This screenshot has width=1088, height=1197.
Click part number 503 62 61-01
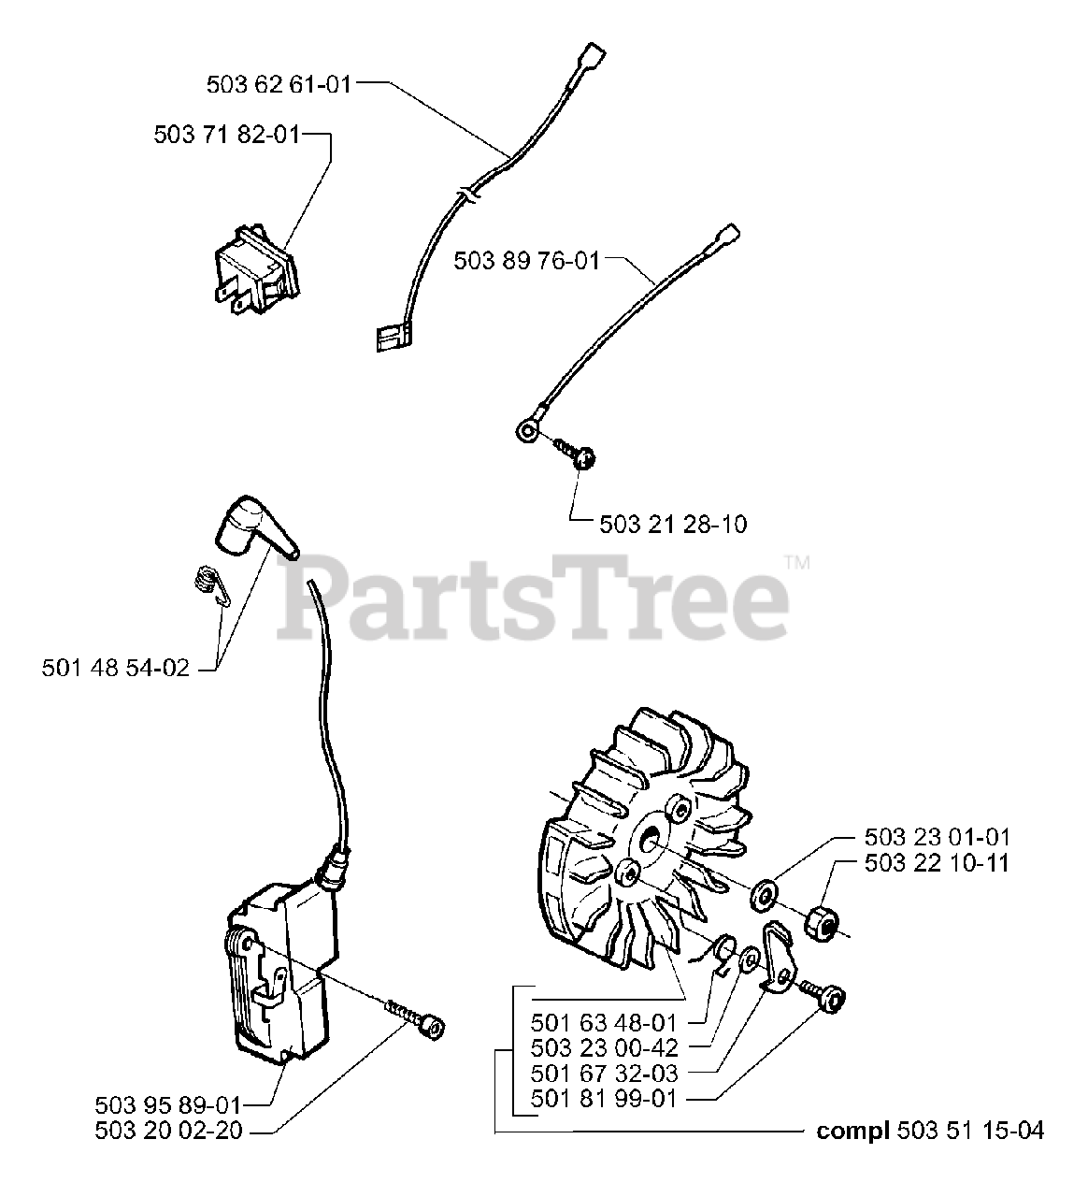point(279,84)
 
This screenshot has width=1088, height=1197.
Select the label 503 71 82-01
point(227,135)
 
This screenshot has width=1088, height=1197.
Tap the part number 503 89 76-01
point(526,259)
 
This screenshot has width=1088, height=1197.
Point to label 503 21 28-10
point(673,525)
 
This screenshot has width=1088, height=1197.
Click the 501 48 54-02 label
point(116,668)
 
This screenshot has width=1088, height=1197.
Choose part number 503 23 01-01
point(937,837)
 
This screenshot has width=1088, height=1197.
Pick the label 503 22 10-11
point(937,862)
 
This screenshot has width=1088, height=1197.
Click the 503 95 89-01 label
point(168,1104)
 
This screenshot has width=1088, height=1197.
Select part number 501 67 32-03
point(603,1074)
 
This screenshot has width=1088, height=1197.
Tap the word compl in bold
point(852,1131)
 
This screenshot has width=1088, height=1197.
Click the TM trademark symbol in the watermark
point(797,562)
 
